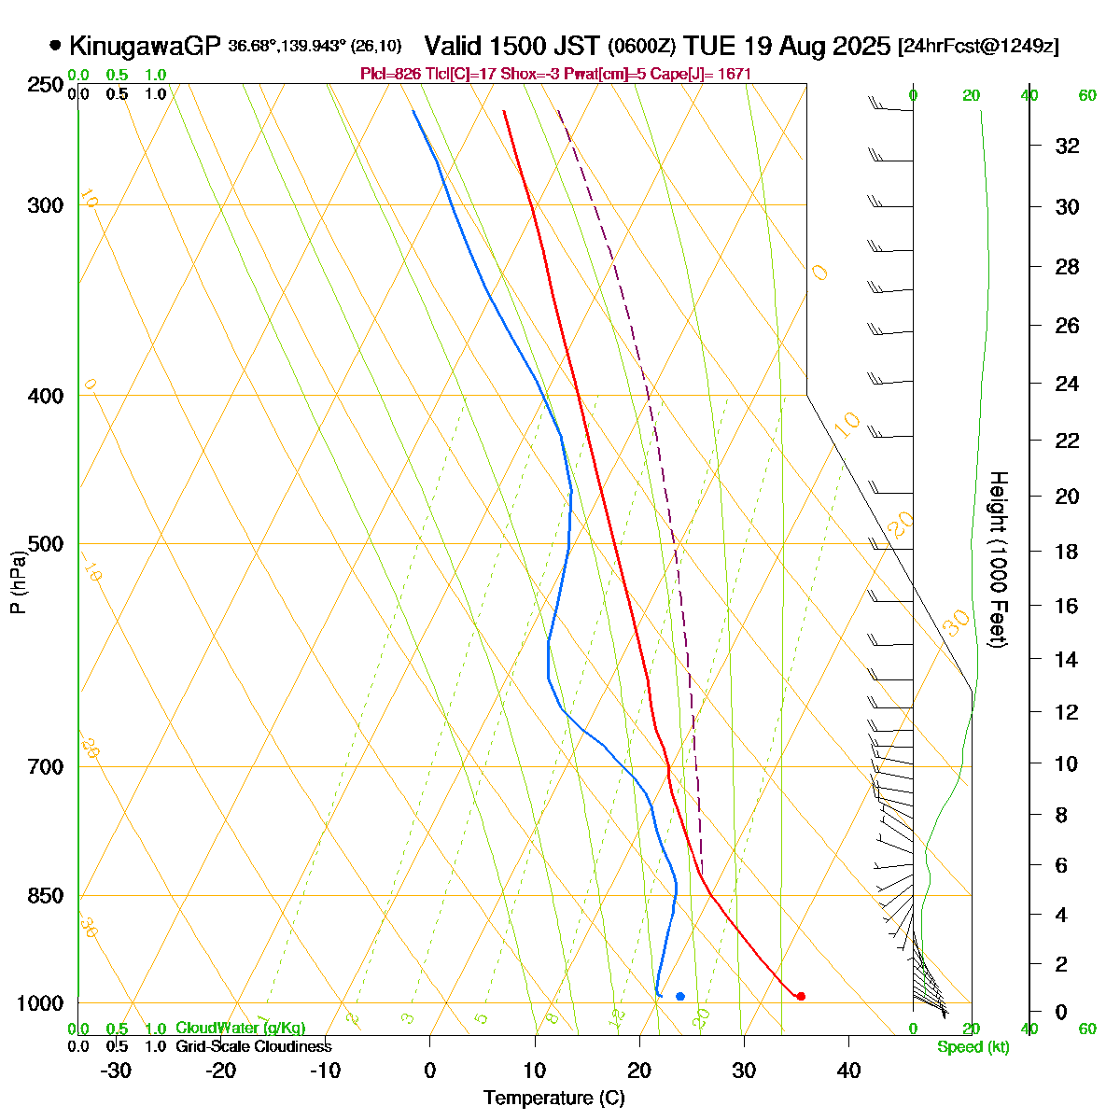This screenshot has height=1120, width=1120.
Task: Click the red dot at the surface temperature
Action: coord(801,996)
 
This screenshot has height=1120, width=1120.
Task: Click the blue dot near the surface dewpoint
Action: coord(679,997)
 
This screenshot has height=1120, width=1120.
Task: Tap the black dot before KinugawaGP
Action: coord(55,45)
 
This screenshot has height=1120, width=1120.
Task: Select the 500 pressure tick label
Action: coord(47,544)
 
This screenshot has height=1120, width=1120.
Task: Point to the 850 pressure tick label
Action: coord(47,896)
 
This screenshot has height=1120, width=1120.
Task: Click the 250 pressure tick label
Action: coord(47,85)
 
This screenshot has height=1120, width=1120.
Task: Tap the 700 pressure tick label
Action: coord(47,767)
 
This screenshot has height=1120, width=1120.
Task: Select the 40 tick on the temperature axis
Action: coord(848,1071)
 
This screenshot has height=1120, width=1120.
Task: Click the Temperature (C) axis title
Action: coord(553,1099)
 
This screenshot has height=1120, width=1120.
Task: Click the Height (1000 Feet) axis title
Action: coord(997,559)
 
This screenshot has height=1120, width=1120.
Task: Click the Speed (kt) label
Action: coord(973,1047)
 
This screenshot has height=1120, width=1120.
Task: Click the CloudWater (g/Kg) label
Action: coord(240,1029)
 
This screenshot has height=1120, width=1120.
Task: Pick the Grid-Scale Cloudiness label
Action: coord(253,1047)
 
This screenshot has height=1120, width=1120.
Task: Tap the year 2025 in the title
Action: coord(861,46)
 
